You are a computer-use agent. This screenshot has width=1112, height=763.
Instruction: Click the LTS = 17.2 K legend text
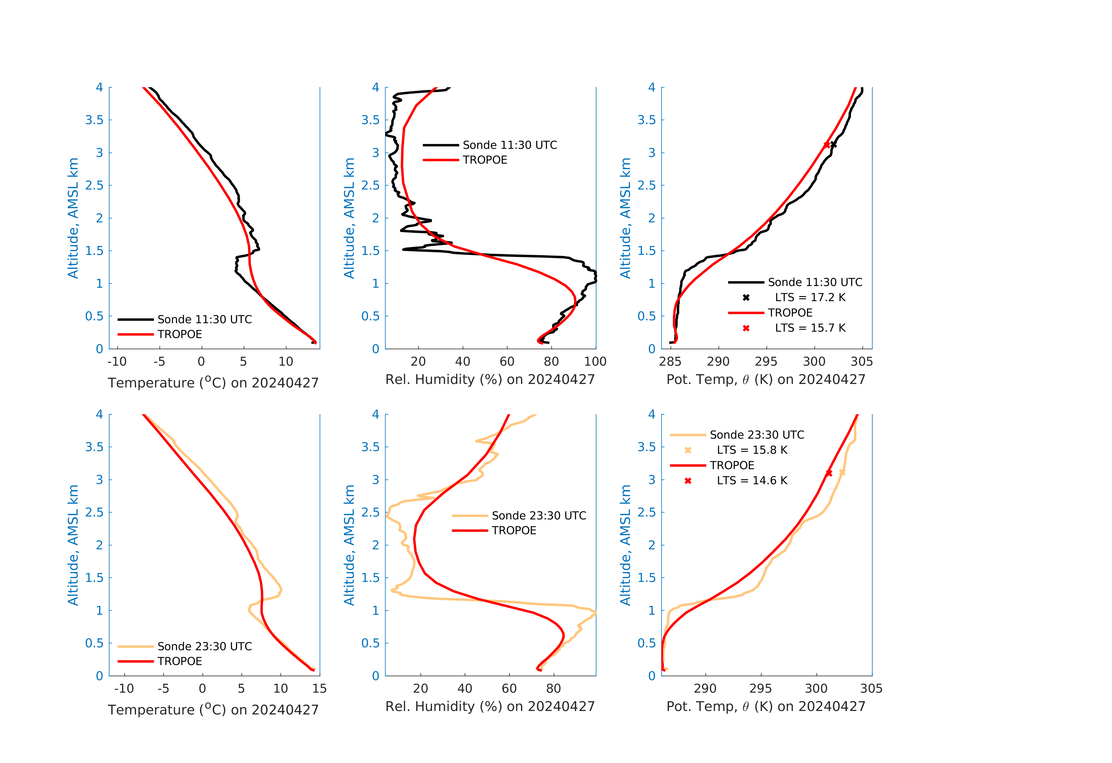[x=810, y=298]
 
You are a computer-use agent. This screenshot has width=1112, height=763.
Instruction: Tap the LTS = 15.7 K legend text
[x=810, y=328]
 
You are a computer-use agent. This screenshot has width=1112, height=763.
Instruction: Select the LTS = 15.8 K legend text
[x=752, y=450]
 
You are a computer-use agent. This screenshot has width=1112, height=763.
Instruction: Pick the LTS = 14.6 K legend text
[x=752, y=481]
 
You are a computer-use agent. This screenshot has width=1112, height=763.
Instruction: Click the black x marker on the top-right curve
[x=833, y=144]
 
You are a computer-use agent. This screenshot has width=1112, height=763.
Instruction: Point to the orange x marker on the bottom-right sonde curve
[x=842, y=473]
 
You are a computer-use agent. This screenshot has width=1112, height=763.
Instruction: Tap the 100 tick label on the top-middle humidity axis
[x=595, y=362]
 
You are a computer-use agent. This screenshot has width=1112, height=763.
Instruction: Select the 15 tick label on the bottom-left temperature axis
[x=319, y=689]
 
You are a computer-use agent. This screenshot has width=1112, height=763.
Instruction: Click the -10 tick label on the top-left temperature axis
[x=117, y=362]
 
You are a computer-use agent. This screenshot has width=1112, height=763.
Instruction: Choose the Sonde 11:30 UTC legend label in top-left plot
[x=204, y=319]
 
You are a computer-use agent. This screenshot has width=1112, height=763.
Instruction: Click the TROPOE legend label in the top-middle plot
[x=485, y=160]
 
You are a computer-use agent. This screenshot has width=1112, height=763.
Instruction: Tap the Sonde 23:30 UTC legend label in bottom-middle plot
[x=539, y=516]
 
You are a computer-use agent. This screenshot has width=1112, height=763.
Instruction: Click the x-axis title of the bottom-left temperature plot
[x=213, y=710]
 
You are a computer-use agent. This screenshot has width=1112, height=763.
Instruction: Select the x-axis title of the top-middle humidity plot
[x=490, y=380]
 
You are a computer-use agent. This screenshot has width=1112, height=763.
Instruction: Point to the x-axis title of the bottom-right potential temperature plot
[x=766, y=707]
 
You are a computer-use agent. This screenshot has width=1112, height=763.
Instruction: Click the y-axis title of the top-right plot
[x=625, y=218]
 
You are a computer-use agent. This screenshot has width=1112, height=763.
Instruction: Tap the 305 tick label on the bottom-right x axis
[x=871, y=689]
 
